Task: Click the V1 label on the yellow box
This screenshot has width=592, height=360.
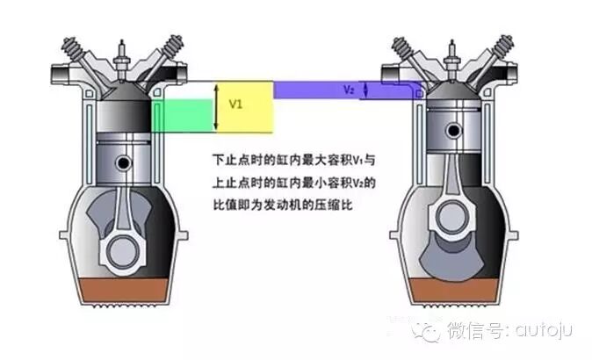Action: coord(235,104)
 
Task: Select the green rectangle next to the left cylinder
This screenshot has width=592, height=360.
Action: coord(183,115)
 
